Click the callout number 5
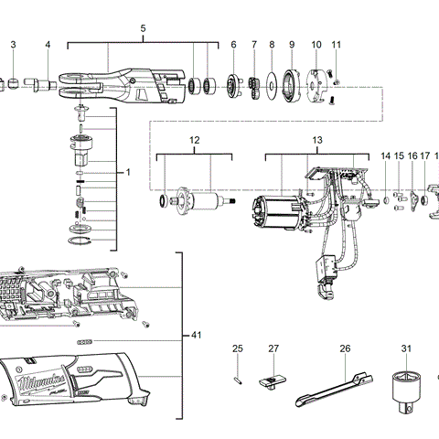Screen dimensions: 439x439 tap(143, 29)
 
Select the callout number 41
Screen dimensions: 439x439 tap(195, 337)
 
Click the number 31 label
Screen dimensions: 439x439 tap(406, 348)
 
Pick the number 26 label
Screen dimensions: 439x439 tap(345, 348)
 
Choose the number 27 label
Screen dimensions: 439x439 tap(273, 348)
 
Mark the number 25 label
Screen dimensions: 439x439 tap(237, 348)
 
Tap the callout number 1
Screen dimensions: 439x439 tap(128, 171)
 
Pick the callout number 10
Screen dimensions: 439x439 tap(316, 45)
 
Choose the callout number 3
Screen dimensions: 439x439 tap(13, 45)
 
